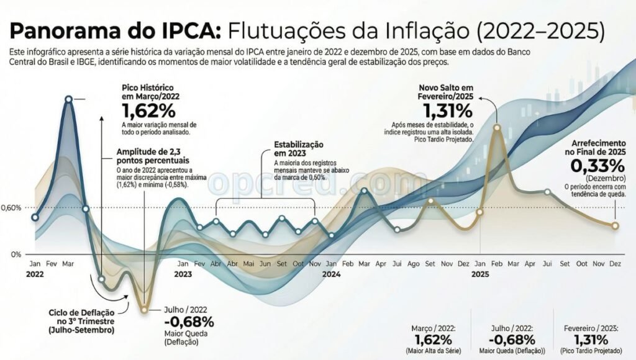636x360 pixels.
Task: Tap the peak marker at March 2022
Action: [x=68, y=99]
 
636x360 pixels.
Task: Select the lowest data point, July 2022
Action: [x=144, y=308]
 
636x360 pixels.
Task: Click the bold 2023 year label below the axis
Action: [x=183, y=274]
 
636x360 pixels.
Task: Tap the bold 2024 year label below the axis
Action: [x=332, y=274]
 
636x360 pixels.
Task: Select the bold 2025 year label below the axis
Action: [x=480, y=274]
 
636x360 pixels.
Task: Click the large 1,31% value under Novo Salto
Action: [x=447, y=111]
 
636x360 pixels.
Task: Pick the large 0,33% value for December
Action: [x=597, y=166]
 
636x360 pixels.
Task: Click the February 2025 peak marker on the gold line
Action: [x=497, y=127]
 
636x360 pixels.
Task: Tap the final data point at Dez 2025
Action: [x=615, y=225]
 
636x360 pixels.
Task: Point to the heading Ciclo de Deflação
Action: [x=81, y=317]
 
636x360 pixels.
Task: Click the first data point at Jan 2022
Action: [x=35, y=217]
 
